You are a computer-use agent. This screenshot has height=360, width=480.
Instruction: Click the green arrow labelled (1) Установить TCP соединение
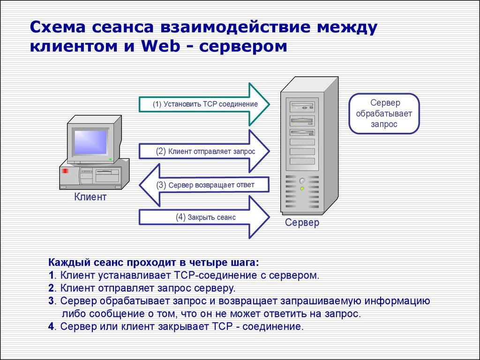(x=205, y=104)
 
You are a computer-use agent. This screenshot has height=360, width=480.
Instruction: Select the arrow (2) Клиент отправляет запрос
(x=205, y=151)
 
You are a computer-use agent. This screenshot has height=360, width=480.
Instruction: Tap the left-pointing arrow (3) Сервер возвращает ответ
(x=205, y=185)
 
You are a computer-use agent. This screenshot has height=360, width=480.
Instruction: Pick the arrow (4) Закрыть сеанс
(x=205, y=217)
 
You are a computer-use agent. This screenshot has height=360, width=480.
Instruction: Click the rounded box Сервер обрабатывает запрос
(x=383, y=114)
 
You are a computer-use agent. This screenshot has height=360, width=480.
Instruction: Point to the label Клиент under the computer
(x=90, y=197)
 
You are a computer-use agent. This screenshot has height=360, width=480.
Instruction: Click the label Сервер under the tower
(x=302, y=223)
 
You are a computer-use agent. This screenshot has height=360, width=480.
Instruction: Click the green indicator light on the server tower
(x=302, y=188)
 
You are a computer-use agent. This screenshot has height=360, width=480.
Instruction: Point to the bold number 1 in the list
(x=51, y=275)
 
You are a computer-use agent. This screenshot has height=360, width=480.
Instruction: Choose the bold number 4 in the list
(x=51, y=327)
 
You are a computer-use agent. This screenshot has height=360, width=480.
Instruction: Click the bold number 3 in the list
(x=51, y=301)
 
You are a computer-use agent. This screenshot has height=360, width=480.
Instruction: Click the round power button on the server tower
(x=302, y=180)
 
